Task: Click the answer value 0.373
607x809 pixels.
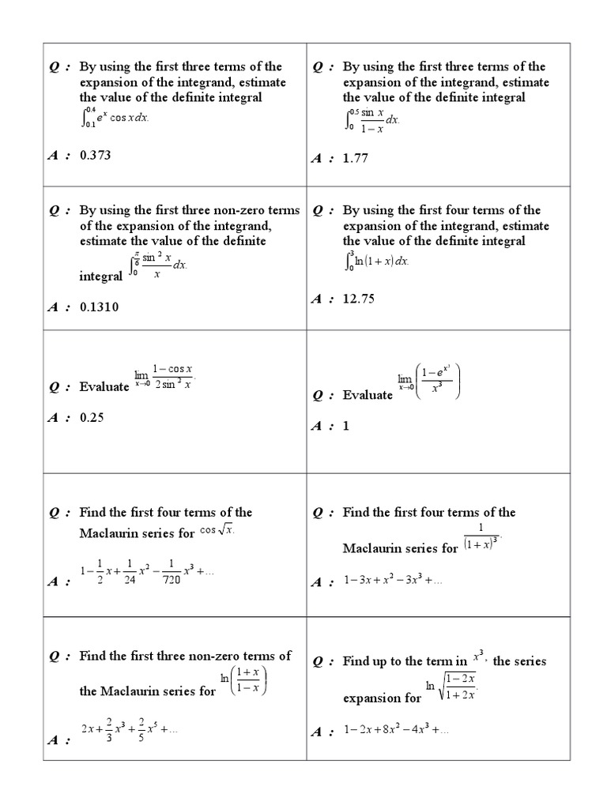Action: click(95, 155)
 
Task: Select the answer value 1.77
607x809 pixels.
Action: click(356, 158)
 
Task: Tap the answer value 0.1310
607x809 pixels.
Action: click(99, 307)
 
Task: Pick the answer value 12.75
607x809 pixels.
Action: click(359, 299)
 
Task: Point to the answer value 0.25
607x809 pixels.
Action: click(92, 417)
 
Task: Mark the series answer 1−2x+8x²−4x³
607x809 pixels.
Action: click(396, 730)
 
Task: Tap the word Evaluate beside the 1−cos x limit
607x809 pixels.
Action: click(104, 386)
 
